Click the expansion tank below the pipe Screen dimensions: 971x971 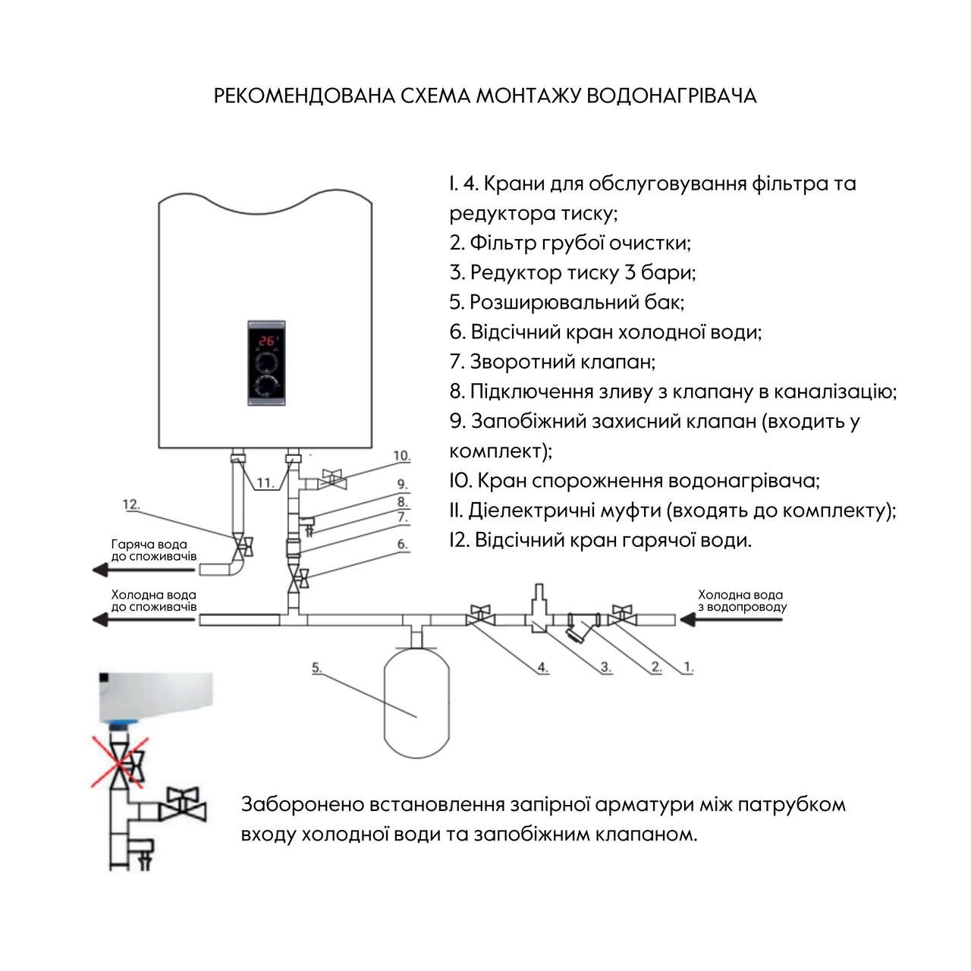click(416, 702)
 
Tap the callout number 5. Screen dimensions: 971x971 click(317, 668)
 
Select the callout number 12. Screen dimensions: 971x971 click(132, 504)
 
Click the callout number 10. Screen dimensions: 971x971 click(401, 456)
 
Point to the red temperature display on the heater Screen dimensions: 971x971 click(266, 340)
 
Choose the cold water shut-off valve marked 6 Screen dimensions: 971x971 click(297, 580)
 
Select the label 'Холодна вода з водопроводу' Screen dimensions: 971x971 click(741, 601)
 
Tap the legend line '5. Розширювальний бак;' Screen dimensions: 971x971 click(567, 302)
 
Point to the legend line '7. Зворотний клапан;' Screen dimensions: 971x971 click(552, 362)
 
